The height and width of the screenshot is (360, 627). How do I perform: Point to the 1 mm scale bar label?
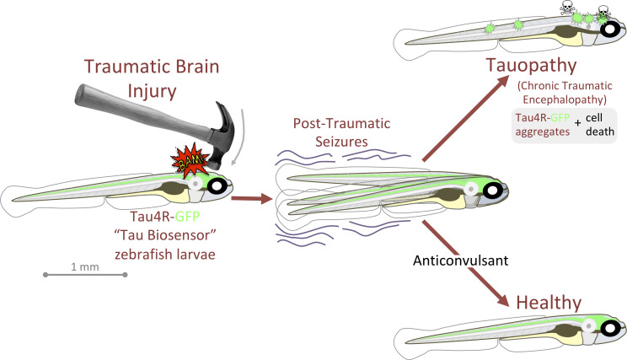click(84, 266)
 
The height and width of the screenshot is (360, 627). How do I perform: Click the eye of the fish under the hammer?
click(218, 185)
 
